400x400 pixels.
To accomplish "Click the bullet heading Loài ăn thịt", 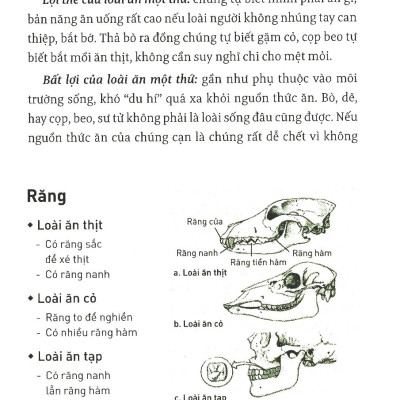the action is click(70, 224).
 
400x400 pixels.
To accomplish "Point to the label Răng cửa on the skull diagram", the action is click(203, 219).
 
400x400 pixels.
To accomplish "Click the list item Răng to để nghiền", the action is click(85, 315).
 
